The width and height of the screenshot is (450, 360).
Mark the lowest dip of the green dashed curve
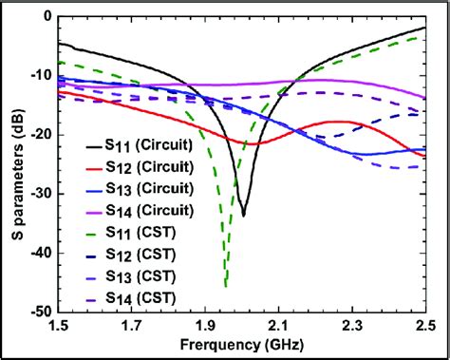click(225, 285)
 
